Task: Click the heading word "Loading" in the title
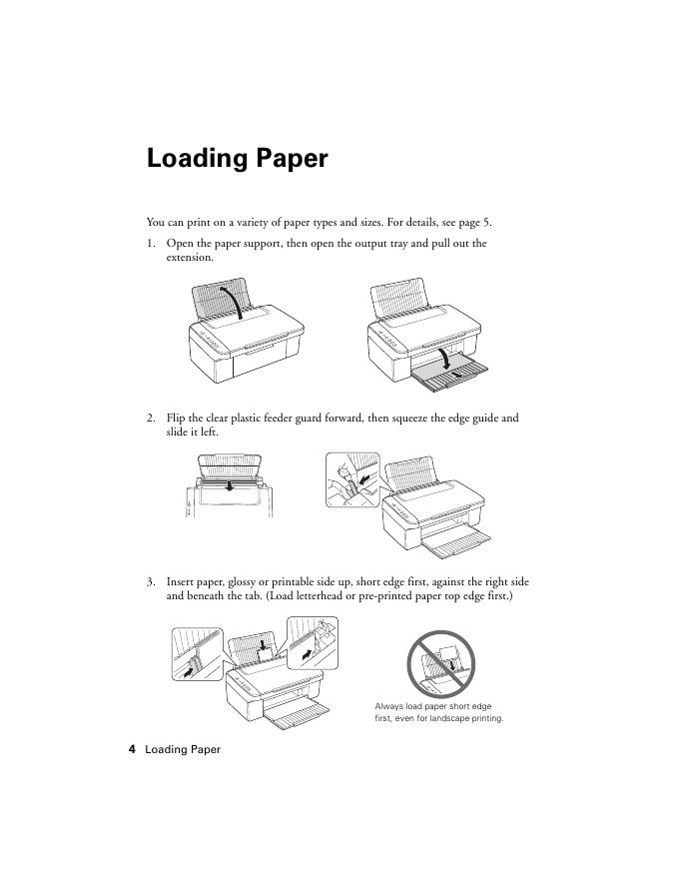(x=192, y=158)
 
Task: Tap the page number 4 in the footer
(x=132, y=749)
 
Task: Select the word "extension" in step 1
(x=189, y=257)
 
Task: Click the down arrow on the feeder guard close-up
(x=231, y=485)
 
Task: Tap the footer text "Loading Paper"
(x=183, y=749)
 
